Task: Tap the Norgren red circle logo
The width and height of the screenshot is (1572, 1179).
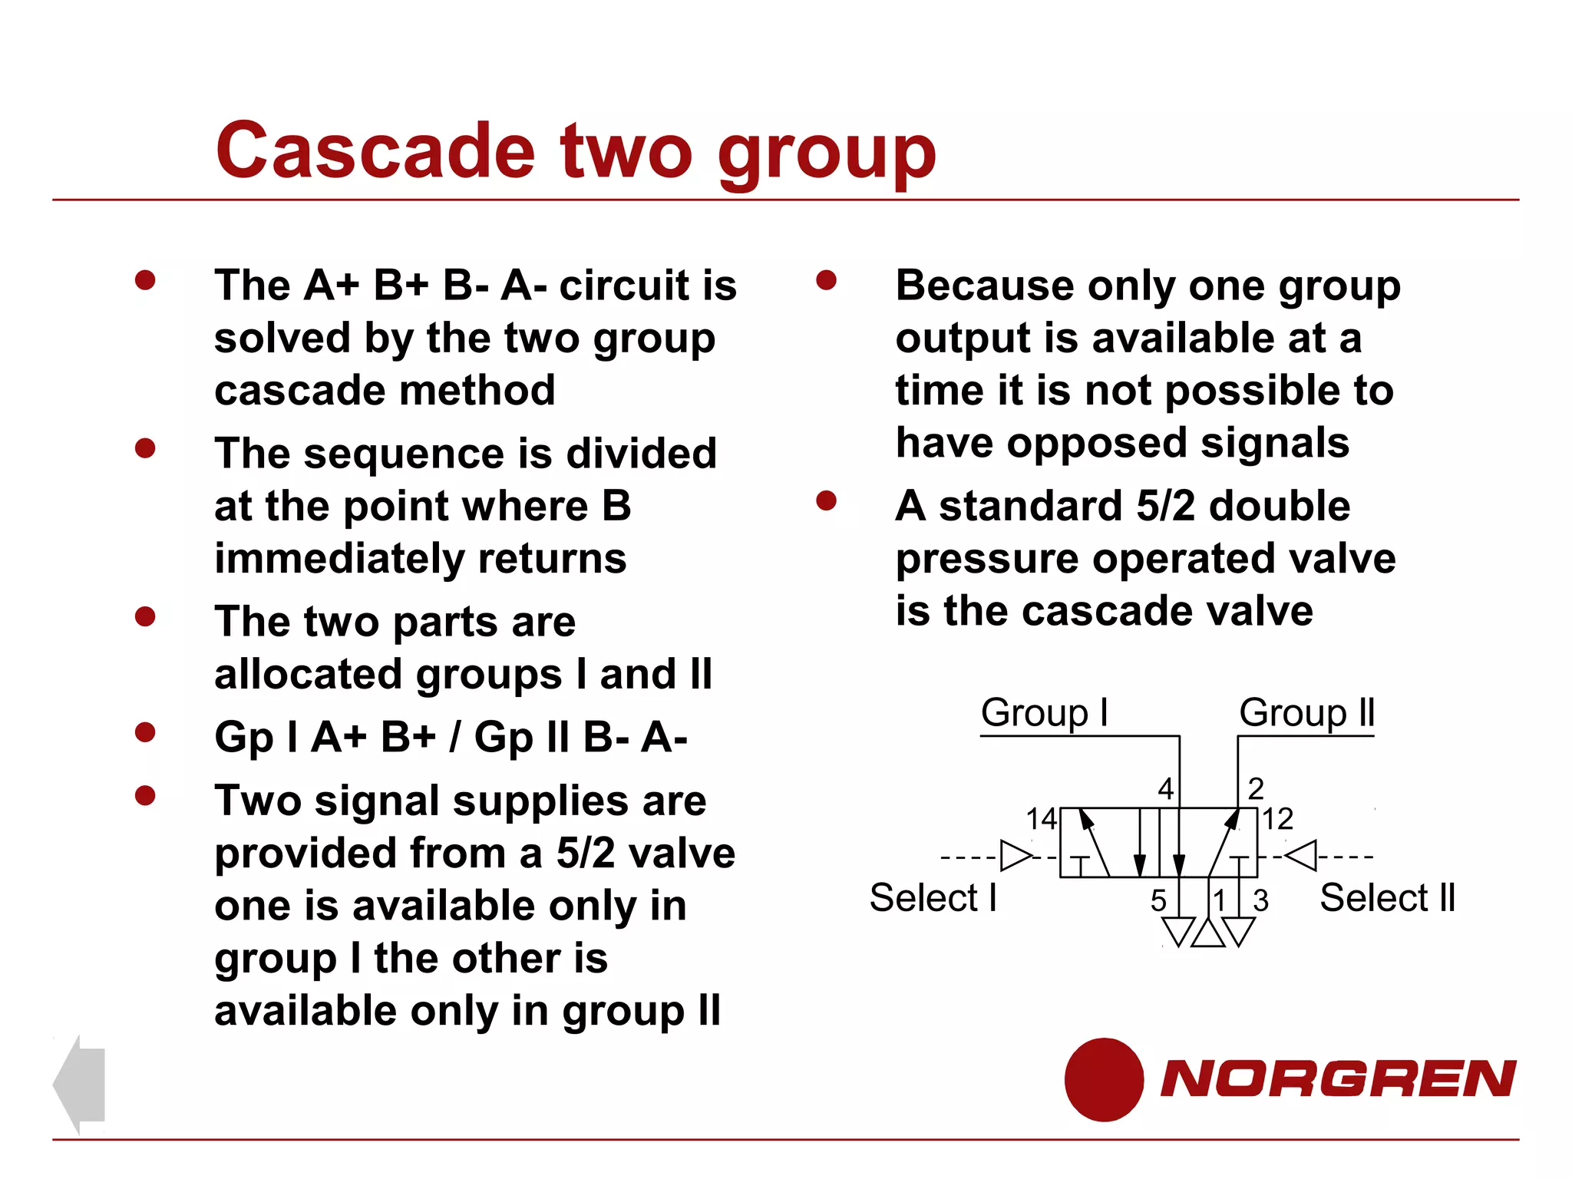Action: coord(1104,1079)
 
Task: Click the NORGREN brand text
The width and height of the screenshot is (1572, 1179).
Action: coord(1337,1079)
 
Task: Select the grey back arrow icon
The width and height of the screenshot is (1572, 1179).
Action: coord(79,1084)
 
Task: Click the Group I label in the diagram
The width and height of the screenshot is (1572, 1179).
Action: coord(1044,712)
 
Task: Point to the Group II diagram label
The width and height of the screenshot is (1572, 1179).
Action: coord(1306,712)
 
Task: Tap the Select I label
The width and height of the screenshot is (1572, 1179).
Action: coord(933,897)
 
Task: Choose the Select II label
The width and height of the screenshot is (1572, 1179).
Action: coord(1387,897)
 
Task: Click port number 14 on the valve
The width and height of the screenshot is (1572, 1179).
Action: coord(1042,819)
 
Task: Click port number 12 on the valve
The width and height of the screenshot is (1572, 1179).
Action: coord(1278,819)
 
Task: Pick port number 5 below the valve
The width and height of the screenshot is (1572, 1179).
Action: coord(1158,900)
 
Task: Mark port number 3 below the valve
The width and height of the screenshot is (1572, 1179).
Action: coord(1260,900)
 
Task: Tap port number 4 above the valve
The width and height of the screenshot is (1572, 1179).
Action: coord(1165,788)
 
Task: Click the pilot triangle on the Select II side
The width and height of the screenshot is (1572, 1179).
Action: coord(1303,855)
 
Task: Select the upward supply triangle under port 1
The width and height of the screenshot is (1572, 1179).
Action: coord(1208,934)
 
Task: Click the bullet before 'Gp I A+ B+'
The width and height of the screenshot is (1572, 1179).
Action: coord(145,732)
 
